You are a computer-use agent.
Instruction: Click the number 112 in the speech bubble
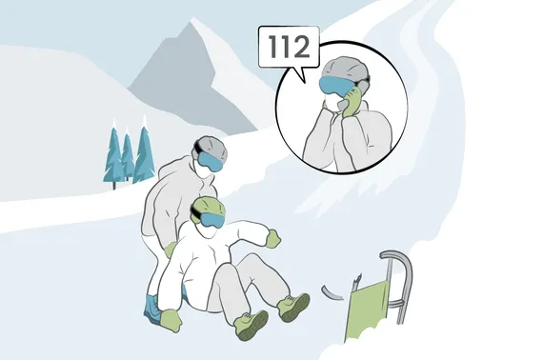[289, 47]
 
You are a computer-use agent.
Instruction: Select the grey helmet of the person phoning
[344, 69]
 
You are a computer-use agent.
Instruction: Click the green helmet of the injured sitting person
[209, 205]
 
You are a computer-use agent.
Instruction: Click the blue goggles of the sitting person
[211, 220]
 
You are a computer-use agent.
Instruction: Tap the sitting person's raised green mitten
[273, 238]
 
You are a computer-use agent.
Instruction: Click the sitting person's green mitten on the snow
[171, 320]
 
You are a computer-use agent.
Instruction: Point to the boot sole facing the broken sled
[296, 309]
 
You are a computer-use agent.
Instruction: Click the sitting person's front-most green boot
[251, 325]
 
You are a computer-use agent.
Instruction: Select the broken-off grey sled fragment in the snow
[332, 292]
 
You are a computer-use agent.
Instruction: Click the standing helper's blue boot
[152, 308]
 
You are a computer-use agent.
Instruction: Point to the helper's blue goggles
[211, 162]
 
